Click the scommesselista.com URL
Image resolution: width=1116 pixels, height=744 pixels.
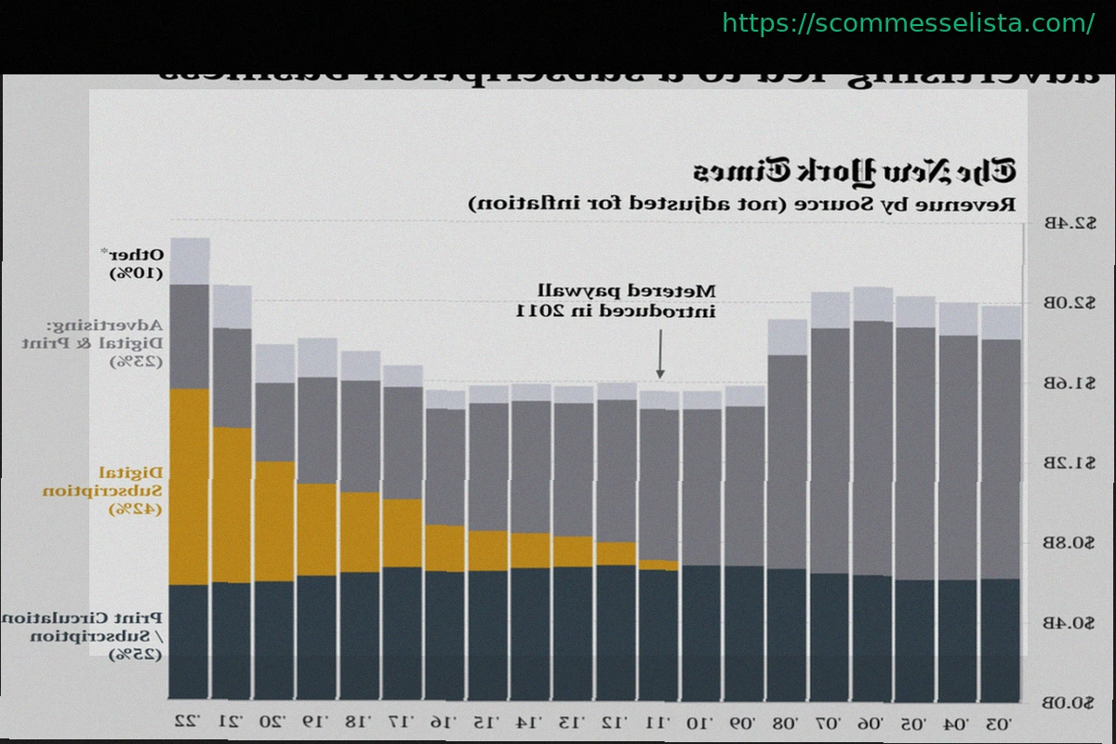pyautogui.click(x=908, y=23)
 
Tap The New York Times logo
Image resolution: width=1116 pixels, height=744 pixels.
pyautogui.click(x=854, y=172)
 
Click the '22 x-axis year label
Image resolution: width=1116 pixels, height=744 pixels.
pyautogui.click(x=190, y=722)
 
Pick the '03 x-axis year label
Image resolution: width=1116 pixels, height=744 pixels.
pyautogui.click(x=1001, y=722)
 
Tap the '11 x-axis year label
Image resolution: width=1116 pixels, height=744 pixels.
pyautogui.click(x=658, y=722)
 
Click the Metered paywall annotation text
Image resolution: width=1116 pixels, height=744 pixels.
pyautogui.click(x=617, y=301)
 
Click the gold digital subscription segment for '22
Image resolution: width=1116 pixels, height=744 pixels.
pyautogui.click(x=190, y=485)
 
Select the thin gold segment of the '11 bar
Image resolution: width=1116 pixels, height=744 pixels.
pyautogui.click(x=658, y=565)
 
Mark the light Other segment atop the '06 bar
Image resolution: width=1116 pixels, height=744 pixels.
pyautogui.click(x=873, y=304)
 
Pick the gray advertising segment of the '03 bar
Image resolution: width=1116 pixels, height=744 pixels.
pyautogui.click(x=1001, y=458)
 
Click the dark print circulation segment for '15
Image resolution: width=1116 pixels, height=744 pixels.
pyautogui.click(x=488, y=635)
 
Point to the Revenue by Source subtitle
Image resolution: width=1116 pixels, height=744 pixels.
pyautogui.click(x=740, y=202)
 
